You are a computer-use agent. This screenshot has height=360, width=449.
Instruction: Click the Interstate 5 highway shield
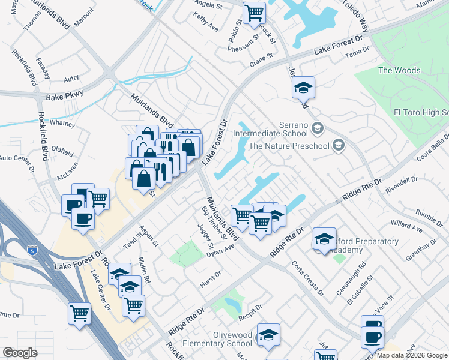point(32,249)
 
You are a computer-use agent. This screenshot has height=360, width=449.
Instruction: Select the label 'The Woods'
point(399,71)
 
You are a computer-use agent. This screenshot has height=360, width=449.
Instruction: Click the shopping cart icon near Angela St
point(254,12)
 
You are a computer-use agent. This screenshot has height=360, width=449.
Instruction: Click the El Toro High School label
point(420,112)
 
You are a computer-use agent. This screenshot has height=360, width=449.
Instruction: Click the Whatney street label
point(62,124)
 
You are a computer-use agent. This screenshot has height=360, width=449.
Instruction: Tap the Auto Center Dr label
point(14,158)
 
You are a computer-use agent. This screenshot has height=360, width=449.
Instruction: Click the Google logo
point(20,353)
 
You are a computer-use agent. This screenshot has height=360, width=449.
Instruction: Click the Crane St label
point(261,59)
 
